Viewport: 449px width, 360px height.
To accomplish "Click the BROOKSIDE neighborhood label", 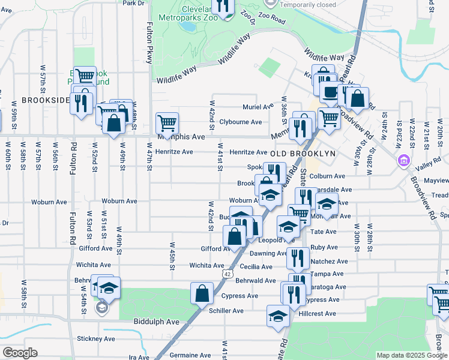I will click(x=46, y=100).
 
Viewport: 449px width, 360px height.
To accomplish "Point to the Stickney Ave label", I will click(x=95, y=338).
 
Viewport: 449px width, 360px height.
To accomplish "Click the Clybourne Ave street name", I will click(x=240, y=122).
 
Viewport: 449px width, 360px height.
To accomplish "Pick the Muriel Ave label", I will click(x=258, y=107).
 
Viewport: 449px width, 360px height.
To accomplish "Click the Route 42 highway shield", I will click(x=226, y=274).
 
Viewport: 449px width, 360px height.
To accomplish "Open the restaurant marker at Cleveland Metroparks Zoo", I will click(x=224, y=7).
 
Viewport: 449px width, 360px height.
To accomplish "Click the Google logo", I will click(x=20, y=352).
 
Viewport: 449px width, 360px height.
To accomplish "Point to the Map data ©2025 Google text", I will click(x=411, y=355).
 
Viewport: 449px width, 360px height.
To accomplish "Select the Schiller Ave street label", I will click(x=226, y=311).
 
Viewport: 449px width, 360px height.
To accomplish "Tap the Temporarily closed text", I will click(x=307, y=5).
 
